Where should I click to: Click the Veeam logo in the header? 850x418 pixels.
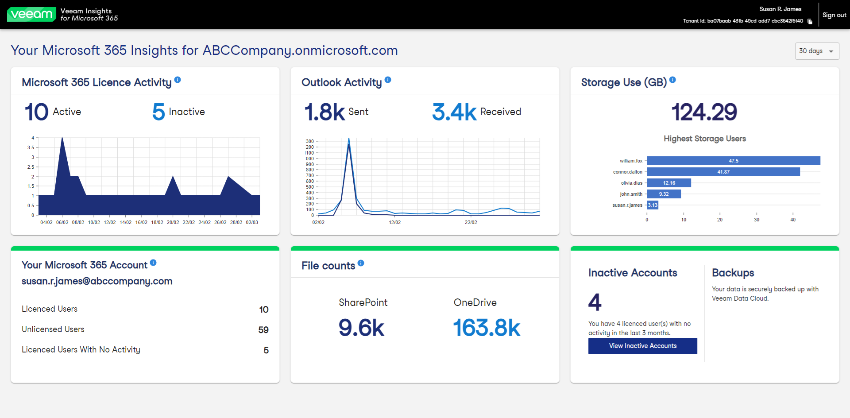[x=31, y=14]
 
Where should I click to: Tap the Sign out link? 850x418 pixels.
[x=834, y=15]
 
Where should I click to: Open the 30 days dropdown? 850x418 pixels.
[x=817, y=51]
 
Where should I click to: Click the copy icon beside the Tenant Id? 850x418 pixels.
[x=810, y=21]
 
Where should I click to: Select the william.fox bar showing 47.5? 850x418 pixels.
[x=733, y=161]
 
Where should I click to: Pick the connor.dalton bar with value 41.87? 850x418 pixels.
[x=723, y=172]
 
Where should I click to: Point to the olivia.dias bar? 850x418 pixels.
[x=668, y=183]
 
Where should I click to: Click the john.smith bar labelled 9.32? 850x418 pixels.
[x=664, y=194]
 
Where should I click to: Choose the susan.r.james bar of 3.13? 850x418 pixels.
[x=653, y=205]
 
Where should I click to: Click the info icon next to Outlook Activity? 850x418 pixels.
[x=388, y=80]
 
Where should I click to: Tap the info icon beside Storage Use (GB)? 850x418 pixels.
[x=672, y=80]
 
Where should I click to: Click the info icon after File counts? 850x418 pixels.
[x=361, y=263]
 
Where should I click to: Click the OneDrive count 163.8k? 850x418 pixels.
[x=487, y=328]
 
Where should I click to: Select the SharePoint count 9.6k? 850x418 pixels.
[x=361, y=328]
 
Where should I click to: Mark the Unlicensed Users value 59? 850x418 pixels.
[x=263, y=330]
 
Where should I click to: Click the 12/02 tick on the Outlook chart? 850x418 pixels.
[x=395, y=222]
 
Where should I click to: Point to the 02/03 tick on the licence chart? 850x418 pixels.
[x=252, y=222]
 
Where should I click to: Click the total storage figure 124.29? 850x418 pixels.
[x=704, y=112]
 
